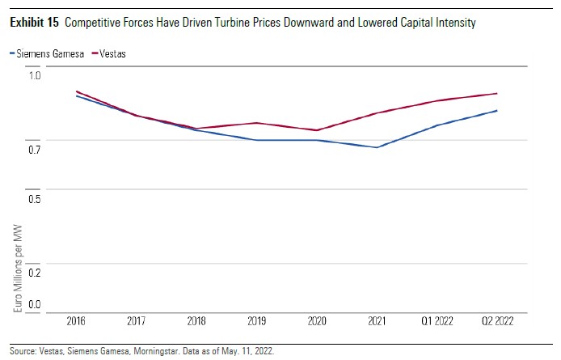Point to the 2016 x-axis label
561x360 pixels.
[x=77, y=321]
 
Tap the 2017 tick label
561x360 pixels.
[x=137, y=321]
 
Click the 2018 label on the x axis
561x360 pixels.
[x=197, y=321]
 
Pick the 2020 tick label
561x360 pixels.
[x=318, y=321]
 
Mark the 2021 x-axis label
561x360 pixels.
[x=378, y=321]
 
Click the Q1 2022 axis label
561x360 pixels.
[x=437, y=321]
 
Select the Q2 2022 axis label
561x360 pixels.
[x=496, y=321]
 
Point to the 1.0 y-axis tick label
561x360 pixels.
[x=34, y=76]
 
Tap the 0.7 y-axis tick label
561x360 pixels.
[x=34, y=150]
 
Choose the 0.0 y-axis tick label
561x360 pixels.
[x=34, y=305]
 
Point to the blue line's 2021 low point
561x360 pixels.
[x=378, y=147]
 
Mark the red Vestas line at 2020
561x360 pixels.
[x=318, y=130]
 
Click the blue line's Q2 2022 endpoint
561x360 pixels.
[x=496, y=111]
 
